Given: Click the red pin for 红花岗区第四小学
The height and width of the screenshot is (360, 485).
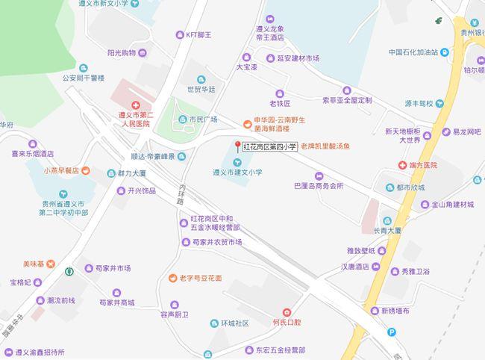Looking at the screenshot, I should click(x=238, y=146).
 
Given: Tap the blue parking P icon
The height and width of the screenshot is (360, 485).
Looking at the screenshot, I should click(x=392, y=332).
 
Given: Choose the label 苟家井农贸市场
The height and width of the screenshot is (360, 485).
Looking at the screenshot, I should click(x=214, y=243).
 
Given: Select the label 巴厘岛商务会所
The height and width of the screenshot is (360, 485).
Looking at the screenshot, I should click(x=319, y=186).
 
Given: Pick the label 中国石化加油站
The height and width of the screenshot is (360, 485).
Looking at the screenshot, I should click(x=423, y=53).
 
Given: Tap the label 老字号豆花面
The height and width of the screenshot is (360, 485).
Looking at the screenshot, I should click(x=200, y=278).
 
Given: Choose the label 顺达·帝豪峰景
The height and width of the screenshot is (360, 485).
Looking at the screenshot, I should click(x=151, y=157).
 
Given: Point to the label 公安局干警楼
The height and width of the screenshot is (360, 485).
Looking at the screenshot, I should click(x=83, y=77).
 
